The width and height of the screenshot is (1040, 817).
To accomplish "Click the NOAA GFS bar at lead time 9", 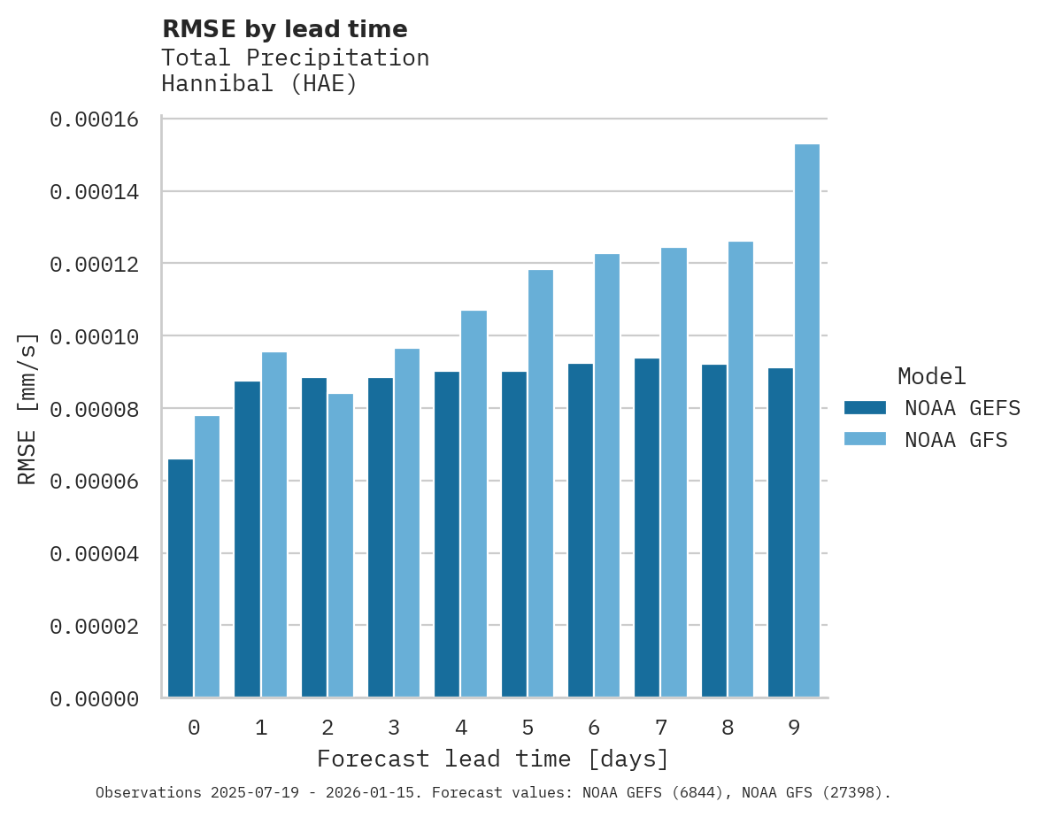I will [806, 420].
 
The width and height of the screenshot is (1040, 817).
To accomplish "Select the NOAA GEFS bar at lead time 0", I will [181, 578].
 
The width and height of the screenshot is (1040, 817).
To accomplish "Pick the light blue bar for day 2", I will [341, 545].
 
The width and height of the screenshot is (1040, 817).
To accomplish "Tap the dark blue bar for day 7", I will [647, 528].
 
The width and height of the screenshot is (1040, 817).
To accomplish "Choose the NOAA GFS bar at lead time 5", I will [540, 483].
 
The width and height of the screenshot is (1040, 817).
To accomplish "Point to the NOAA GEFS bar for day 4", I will [447, 535].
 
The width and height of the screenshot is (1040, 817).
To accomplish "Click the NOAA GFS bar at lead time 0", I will [207, 557].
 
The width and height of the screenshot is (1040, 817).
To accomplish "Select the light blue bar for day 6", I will [607, 475].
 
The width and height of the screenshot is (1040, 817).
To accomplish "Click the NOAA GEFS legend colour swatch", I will [865, 407].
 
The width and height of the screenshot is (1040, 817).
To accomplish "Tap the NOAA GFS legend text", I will [956, 440].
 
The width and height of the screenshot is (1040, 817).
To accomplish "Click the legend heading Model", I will [931, 376].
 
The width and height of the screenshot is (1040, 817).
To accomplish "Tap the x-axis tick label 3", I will [394, 728].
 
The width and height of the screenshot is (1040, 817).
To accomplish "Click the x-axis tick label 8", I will [728, 728].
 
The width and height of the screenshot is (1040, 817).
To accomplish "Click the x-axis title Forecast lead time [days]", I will [493, 759].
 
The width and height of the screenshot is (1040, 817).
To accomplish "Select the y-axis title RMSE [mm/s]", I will [28, 409].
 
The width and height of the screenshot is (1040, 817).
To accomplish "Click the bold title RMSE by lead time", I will [285, 29].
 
